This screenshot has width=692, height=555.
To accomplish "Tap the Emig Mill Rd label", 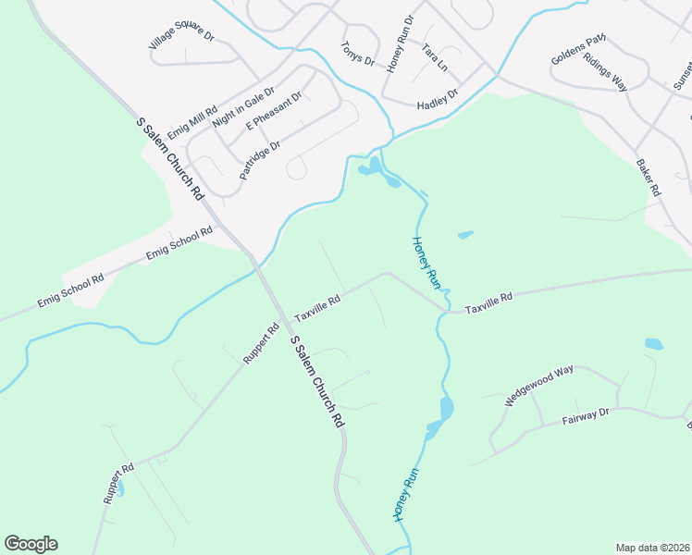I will tap(192, 119).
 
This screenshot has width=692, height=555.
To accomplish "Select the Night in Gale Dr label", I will tap(244, 107).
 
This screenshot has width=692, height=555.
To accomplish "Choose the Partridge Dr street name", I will tap(259, 160).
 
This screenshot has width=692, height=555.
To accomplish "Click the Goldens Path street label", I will tap(578, 49).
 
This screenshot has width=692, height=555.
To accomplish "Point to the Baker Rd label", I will tap(648, 178).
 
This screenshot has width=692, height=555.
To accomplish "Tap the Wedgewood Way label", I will tap(539, 386).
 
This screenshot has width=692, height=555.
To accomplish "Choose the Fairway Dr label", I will tap(587, 418).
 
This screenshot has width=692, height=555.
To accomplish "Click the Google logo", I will tap(31, 544).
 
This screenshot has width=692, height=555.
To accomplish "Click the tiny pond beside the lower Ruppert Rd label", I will tap(122, 485).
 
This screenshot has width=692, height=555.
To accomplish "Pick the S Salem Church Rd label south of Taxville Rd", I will tap(317, 380).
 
